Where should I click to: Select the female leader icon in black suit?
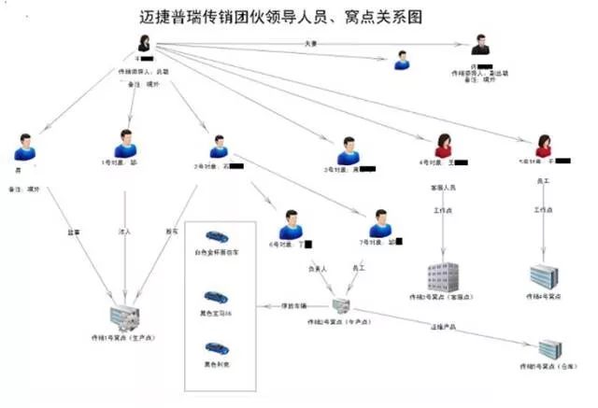pos(146,45)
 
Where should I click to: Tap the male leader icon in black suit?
pos(480,47)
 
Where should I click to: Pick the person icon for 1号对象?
pos(124,143)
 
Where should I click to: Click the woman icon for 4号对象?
pos(444,146)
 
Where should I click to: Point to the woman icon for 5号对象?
pos(543,146)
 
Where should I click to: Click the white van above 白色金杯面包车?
pos(217,237)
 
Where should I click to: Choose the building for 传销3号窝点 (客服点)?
pos(443,276)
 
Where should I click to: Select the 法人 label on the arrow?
pos(124,230)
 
